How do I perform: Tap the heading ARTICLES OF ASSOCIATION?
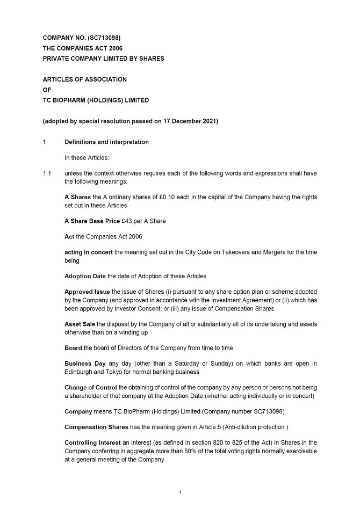point(85,79)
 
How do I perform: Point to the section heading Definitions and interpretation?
point(106,142)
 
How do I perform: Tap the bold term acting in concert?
point(89,252)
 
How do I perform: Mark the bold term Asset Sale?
point(81,324)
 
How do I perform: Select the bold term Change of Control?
point(90,388)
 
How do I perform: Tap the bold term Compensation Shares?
point(96,427)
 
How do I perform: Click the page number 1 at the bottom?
point(180,492)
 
